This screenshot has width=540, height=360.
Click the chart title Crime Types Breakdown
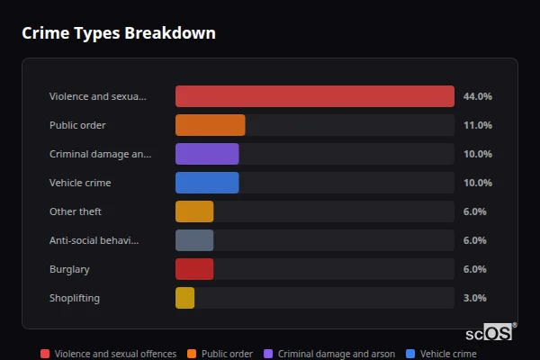pyautogui.click(x=119, y=33)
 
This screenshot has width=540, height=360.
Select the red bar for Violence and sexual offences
pyautogui.click(x=314, y=96)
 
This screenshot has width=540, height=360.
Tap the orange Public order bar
pyautogui.click(x=210, y=125)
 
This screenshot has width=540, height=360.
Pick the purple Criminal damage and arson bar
pyautogui.click(x=207, y=154)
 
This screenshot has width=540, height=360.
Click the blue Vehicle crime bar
pyautogui.click(x=207, y=183)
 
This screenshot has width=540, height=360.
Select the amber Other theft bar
pyautogui.click(x=194, y=211)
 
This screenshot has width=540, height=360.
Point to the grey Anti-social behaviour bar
pyautogui.click(x=194, y=240)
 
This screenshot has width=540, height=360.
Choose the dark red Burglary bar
pyautogui.click(x=194, y=269)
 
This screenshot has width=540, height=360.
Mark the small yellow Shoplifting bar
pyautogui.click(x=184, y=298)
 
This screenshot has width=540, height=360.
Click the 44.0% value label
pyautogui.click(x=477, y=96)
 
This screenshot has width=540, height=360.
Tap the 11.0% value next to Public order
pyautogui.click(x=477, y=125)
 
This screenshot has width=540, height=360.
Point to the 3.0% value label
pyautogui.click(x=474, y=298)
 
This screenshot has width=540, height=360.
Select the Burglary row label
pyautogui.click(x=69, y=269)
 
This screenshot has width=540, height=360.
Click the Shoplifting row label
pyautogui.click(x=75, y=298)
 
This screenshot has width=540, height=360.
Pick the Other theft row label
pyautogui.click(x=76, y=211)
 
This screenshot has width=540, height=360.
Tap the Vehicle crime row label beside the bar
pyautogui.click(x=80, y=183)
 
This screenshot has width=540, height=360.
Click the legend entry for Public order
pyautogui.click(x=227, y=354)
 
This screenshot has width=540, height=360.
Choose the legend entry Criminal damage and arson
pyautogui.click(x=336, y=354)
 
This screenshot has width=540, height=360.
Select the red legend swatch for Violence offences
pyautogui.click(x=45, y=354)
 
